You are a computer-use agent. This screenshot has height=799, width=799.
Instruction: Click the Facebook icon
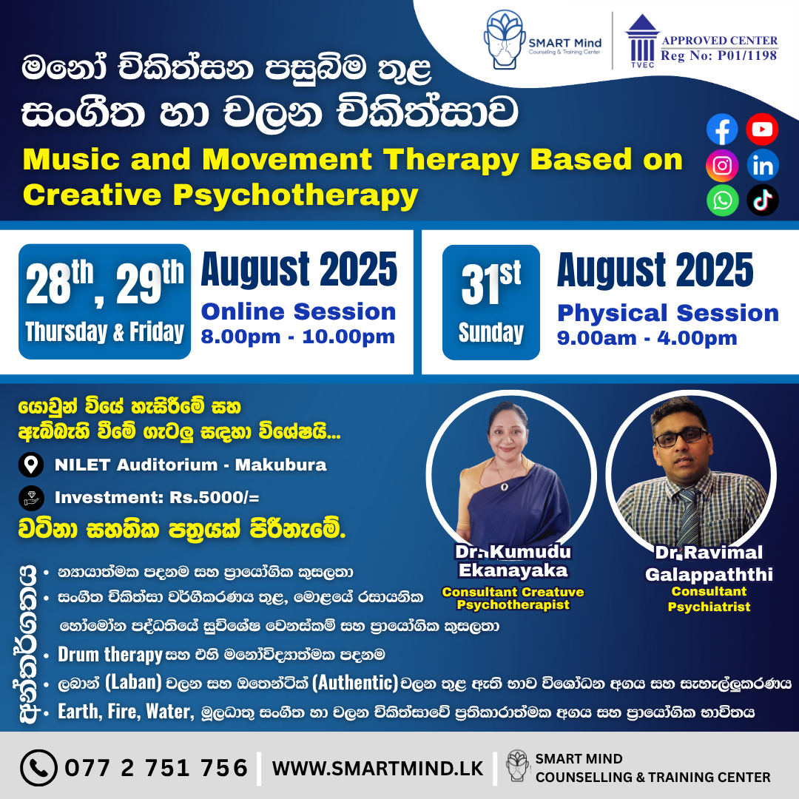click(x=721, y=129)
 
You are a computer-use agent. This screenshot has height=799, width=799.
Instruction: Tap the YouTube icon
click(x=762, y=129)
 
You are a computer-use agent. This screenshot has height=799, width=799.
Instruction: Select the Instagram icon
click(x=721, y=166)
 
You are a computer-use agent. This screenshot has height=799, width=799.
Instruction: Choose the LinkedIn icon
click(x=762, y=165)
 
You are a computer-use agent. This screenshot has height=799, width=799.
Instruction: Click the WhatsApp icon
click(x=723, y=200)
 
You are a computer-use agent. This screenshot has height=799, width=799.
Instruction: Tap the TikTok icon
click(x=762, y=200)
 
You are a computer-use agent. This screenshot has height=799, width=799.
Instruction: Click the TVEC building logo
click(x=643, y=41)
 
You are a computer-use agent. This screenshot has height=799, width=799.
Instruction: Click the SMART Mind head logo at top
click(x=505, y=39)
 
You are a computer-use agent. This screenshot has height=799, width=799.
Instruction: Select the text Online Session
click(x=299, y=312)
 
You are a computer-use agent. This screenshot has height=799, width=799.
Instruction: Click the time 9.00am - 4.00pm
click(x=647, y=338)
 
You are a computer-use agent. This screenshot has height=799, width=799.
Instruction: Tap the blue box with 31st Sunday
click(x=490, y=302)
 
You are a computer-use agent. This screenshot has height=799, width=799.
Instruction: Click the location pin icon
click(x=31, y=465)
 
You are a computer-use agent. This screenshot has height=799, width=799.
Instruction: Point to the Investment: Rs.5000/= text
click(x=157, y=497)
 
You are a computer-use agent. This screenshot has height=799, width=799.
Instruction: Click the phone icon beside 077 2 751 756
click(x=38, y=767)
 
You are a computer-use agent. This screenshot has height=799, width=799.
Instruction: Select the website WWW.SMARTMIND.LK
click(x=377, y=769)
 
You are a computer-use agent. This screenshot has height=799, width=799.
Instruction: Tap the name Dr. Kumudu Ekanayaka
click(x=513, y=561)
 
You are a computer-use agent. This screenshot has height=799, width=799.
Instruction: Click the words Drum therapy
click(x=110, y=655)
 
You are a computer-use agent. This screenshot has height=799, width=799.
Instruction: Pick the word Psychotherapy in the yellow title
click(x=295, y=196)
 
